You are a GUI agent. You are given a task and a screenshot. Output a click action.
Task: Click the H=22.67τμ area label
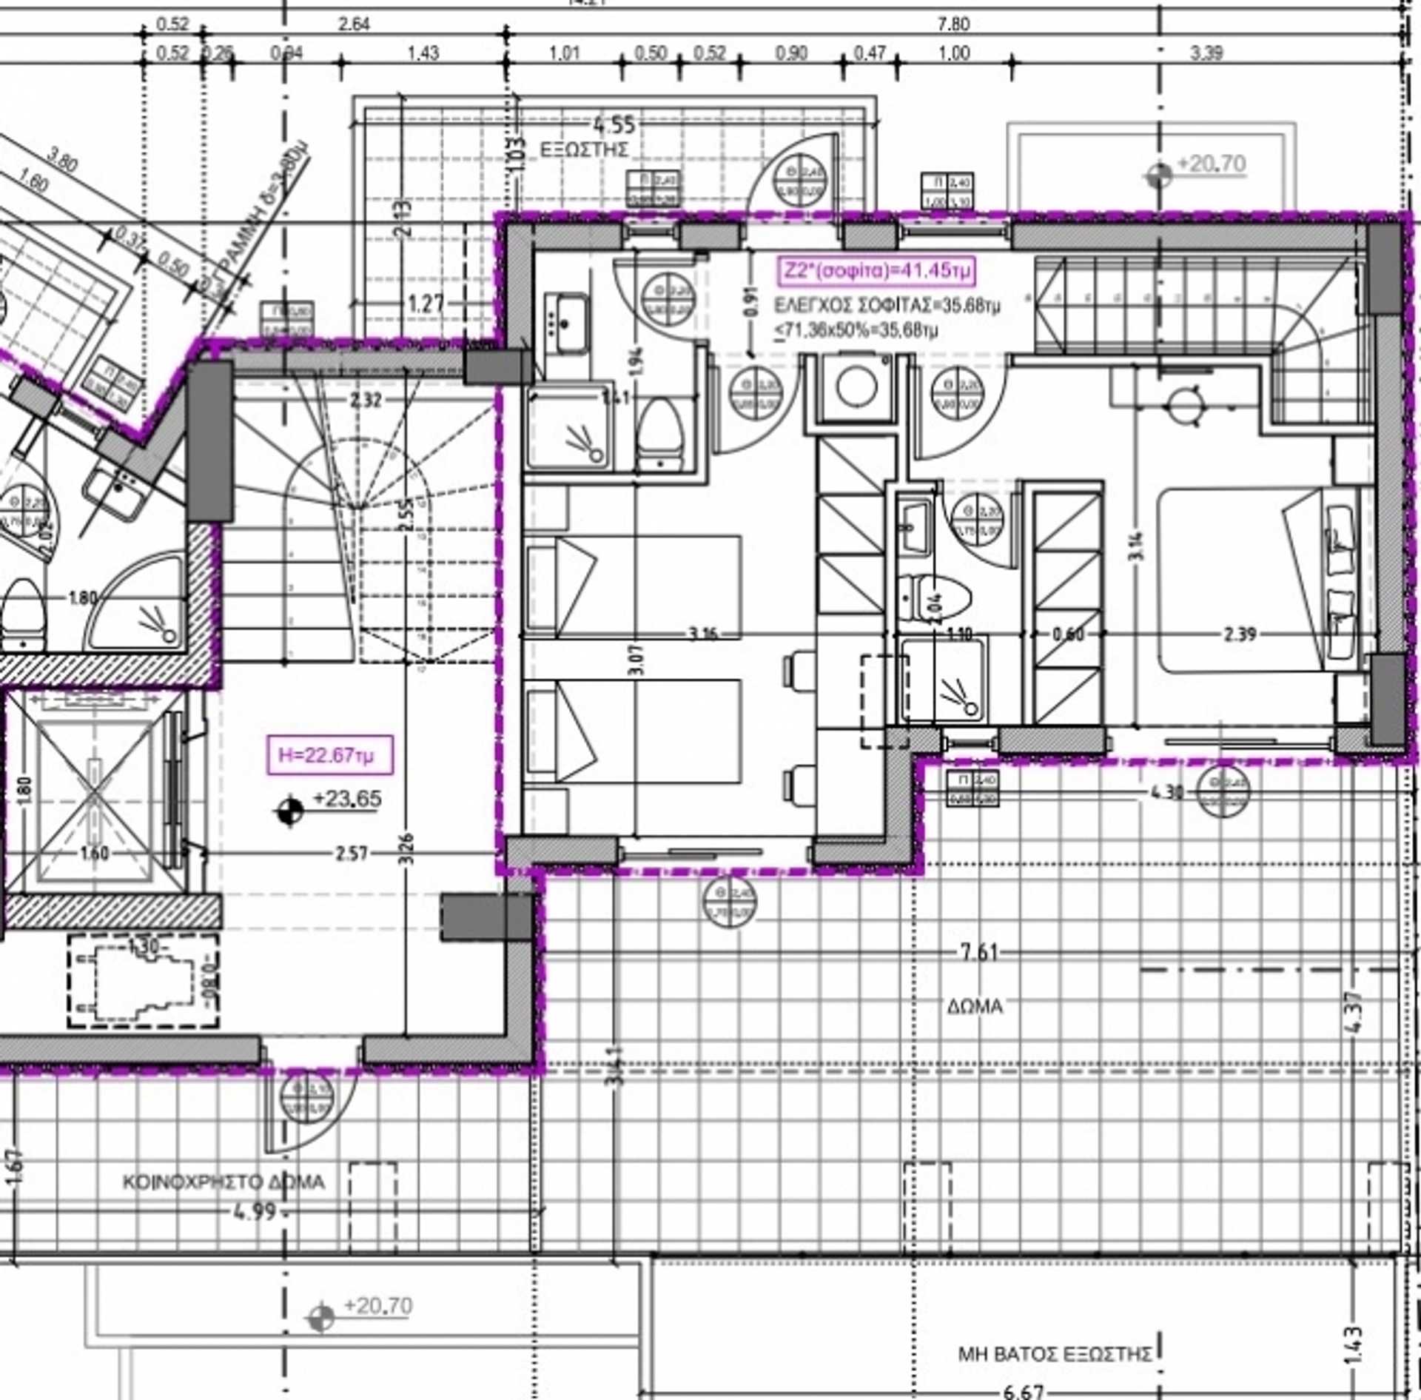(329, 755)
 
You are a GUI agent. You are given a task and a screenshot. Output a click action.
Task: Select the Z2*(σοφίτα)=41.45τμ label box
(876, 271)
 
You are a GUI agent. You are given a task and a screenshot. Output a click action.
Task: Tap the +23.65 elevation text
(347, 799)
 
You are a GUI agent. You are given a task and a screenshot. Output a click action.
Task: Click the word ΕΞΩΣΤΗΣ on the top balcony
(585, 150)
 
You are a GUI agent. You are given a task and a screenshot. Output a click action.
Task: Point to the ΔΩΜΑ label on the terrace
(975, 1006)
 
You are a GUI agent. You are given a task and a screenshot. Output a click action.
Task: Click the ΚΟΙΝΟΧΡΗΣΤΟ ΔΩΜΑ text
(224, 1182)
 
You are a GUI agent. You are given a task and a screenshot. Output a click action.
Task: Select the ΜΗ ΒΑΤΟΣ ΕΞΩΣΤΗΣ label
(1055, 1354)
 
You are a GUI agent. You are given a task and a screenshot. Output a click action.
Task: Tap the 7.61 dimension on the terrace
(979, 952)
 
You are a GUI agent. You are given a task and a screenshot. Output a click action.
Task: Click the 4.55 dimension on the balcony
(614, 125)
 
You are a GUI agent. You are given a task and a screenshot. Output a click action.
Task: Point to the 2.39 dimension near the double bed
(1239, 634)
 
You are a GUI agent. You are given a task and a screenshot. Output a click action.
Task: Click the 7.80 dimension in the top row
(953, 24)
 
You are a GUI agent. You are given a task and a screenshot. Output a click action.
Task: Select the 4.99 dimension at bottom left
(255, 1212)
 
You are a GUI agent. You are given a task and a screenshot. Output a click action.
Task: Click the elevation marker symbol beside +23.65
(289, 811)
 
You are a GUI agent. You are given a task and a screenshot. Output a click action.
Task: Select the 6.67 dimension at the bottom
(1024, 1392)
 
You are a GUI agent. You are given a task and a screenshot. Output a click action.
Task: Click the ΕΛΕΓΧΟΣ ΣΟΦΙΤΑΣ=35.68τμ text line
(887, 305)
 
